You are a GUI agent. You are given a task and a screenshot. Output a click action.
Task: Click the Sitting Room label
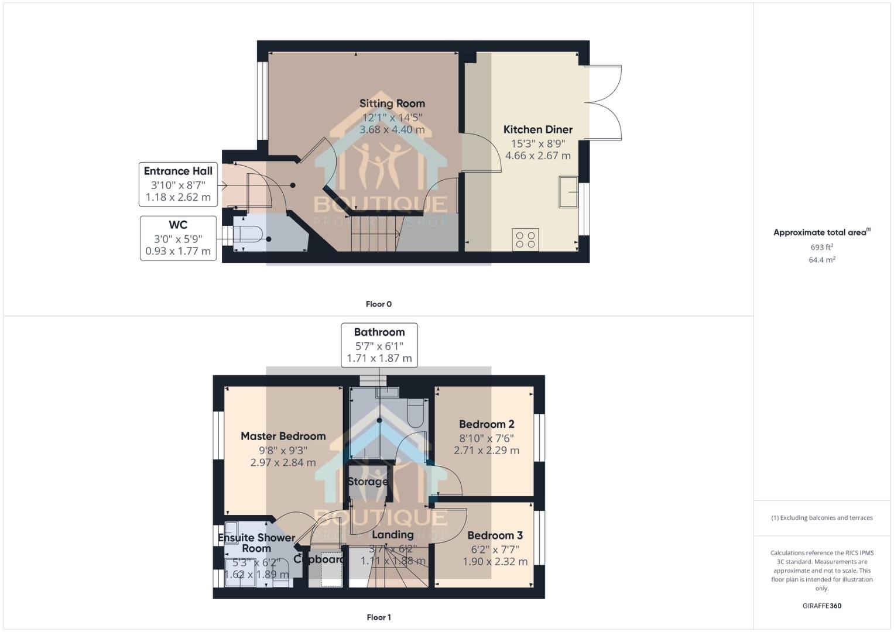click(392, 104)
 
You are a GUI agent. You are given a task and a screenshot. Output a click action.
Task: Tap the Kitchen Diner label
click(537, 129)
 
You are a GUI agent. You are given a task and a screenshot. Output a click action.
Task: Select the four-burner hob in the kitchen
click(525, 239)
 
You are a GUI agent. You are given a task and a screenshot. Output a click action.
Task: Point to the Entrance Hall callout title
click(178, 171)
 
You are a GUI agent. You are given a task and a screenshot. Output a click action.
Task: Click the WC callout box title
click(178, 225)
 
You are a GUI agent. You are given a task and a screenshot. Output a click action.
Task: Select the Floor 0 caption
click(378, 304)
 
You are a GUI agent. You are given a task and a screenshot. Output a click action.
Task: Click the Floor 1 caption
click(378, 617)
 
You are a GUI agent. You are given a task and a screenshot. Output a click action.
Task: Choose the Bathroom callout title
click(379, 332)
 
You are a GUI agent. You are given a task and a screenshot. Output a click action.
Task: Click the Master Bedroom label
click(283, 436)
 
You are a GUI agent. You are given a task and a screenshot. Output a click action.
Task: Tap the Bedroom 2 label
click(486, 424)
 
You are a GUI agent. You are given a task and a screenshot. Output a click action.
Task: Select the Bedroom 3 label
click(495, 535)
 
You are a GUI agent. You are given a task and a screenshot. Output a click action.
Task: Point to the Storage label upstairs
click(368, 482)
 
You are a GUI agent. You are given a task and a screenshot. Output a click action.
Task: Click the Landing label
click(392, 534)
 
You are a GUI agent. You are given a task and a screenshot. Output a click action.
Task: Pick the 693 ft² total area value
click(821, 247)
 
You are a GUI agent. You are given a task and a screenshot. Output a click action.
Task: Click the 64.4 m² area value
click(821, 260)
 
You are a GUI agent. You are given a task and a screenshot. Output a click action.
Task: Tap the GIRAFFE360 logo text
click(821, 606)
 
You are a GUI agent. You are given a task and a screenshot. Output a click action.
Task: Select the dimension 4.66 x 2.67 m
click(537, 156)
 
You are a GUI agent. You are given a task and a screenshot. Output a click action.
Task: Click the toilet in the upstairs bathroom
click(416, 413)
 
